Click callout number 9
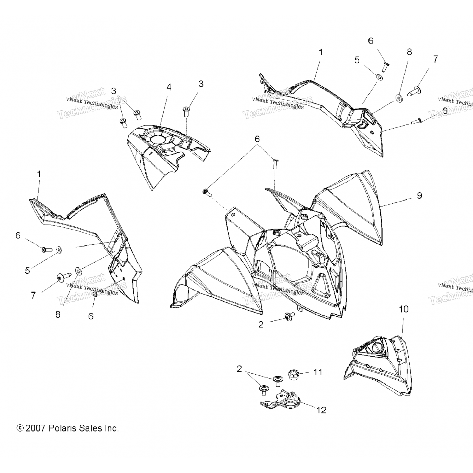point(419,196)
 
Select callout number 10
point(404,309)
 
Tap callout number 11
point(318,372)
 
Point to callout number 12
point(321,410)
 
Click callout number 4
point(169,87)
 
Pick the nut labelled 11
point(294,375)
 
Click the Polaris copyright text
point(68,428)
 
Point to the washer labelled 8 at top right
point(399,99)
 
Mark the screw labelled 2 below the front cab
point(289,316)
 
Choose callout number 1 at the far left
point(39,174)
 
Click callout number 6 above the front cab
point(257,139)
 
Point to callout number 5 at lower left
point(27,271)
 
